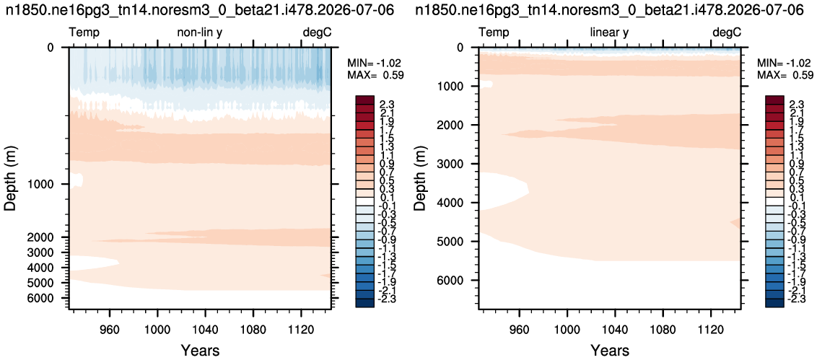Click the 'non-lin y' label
click(x=199, y=33)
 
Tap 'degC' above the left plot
click(x=318, y=33)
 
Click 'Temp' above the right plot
click(x=494, y=33)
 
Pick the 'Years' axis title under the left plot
click(x=201, y=350)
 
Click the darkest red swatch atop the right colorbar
click(x=774, y=100)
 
